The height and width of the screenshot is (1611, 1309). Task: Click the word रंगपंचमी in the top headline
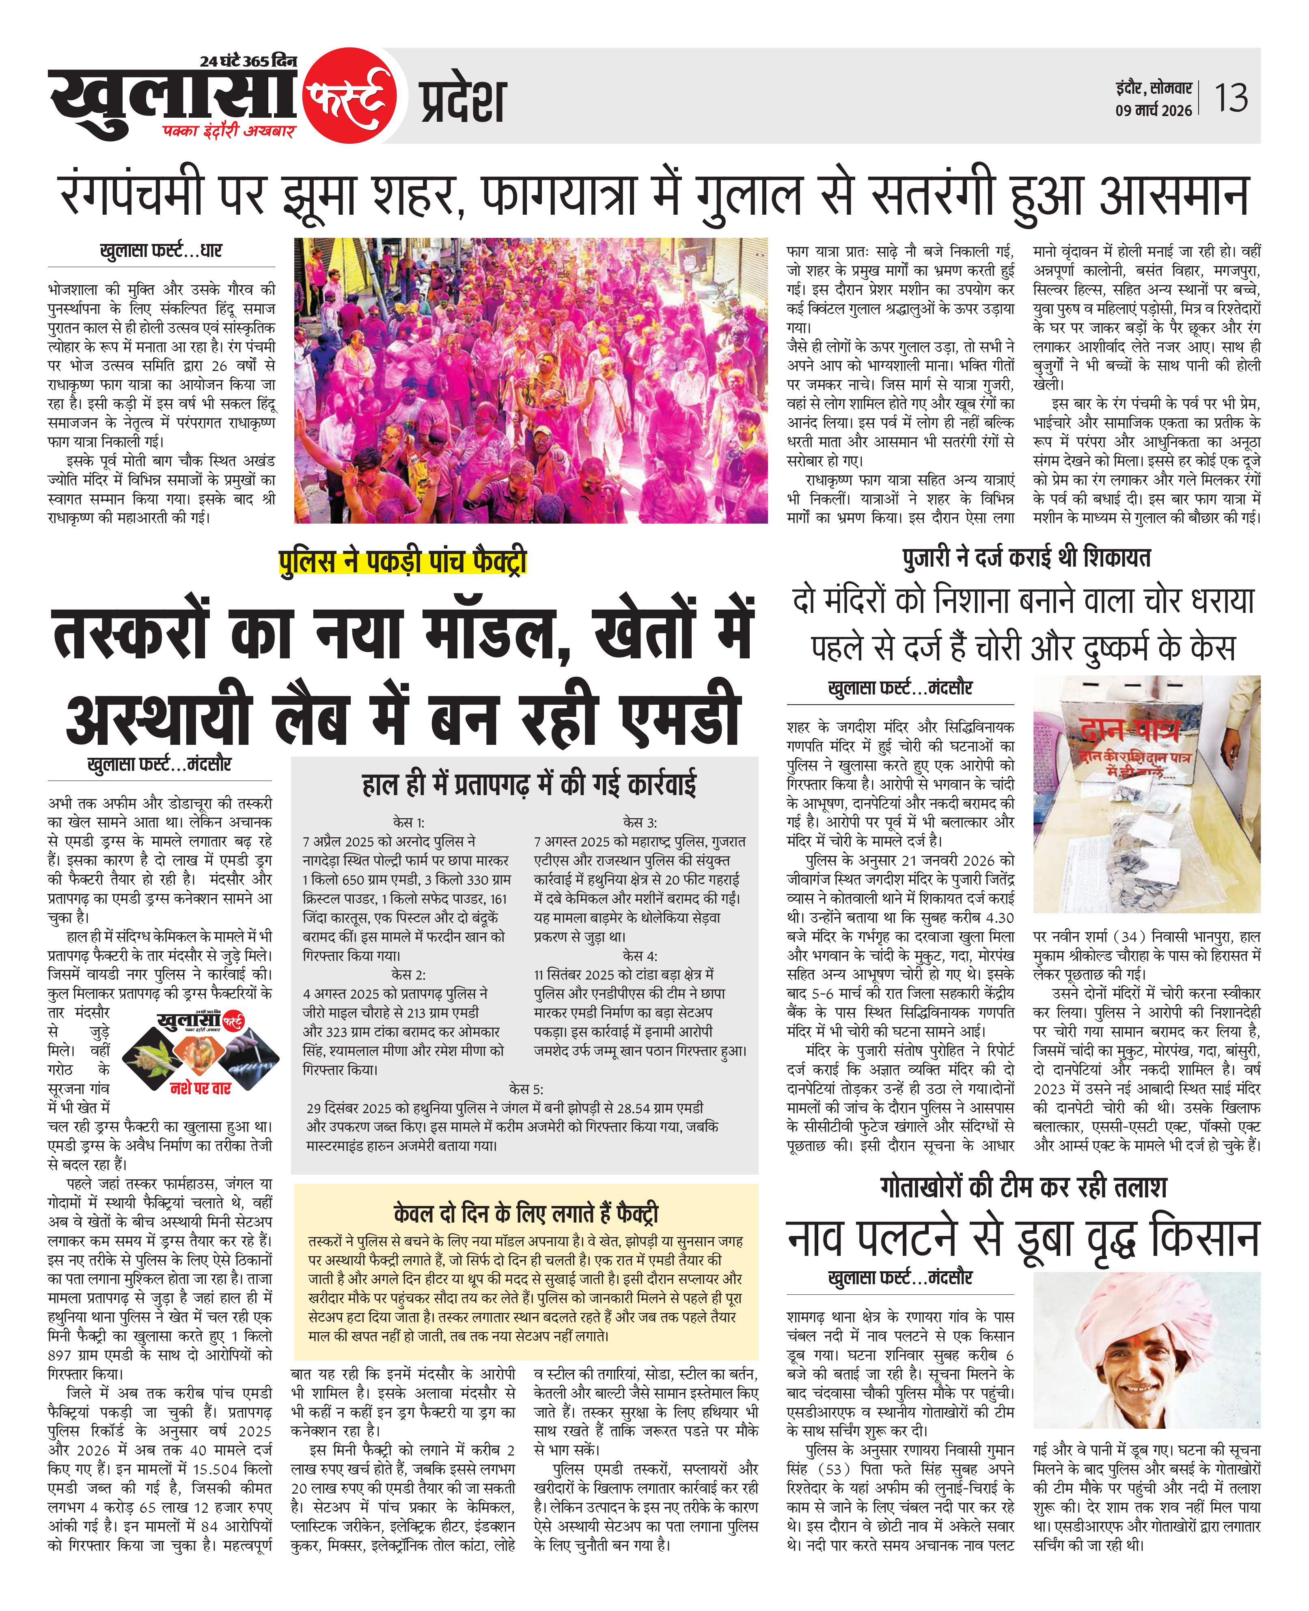pyautogui.click(x=132, y=194)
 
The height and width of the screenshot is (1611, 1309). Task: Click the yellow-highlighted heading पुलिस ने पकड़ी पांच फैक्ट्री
pyautogui.click(x=402, y=563)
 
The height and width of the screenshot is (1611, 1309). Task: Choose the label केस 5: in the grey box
pyautogui.click(x=526, y=1089)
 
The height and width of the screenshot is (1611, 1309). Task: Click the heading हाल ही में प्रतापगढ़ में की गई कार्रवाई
pyautogui.click(x=528, y=785)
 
